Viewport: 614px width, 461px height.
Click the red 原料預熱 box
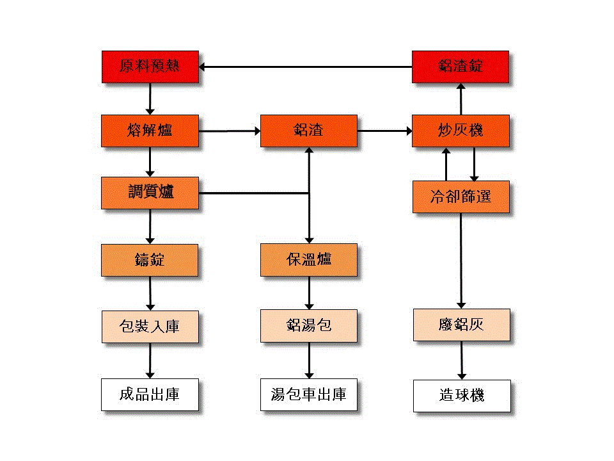point(150,67)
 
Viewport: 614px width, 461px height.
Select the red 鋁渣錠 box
point(460,67)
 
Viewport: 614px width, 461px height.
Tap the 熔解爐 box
point(150,131)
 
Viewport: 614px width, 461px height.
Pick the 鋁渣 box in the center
point(309,131)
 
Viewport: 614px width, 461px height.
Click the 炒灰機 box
point(460,131)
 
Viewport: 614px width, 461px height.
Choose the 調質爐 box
point(150,193)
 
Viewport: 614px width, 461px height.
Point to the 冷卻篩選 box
point(460,197)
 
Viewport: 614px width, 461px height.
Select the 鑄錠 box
point(150,260)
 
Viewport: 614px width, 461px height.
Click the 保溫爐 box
point(309,260)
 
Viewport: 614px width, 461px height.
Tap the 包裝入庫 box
point(150,327)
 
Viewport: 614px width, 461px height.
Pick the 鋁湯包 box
point(309,326)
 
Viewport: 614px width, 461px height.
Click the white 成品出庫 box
point(150,394)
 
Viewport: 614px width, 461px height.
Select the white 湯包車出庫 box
point(309,394)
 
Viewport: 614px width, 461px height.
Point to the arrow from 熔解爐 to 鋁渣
point(230,131)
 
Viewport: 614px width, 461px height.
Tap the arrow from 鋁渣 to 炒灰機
point(384,131)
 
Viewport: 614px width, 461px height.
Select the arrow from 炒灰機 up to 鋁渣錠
point(460,99)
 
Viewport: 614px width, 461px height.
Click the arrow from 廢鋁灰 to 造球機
point(461,360)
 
